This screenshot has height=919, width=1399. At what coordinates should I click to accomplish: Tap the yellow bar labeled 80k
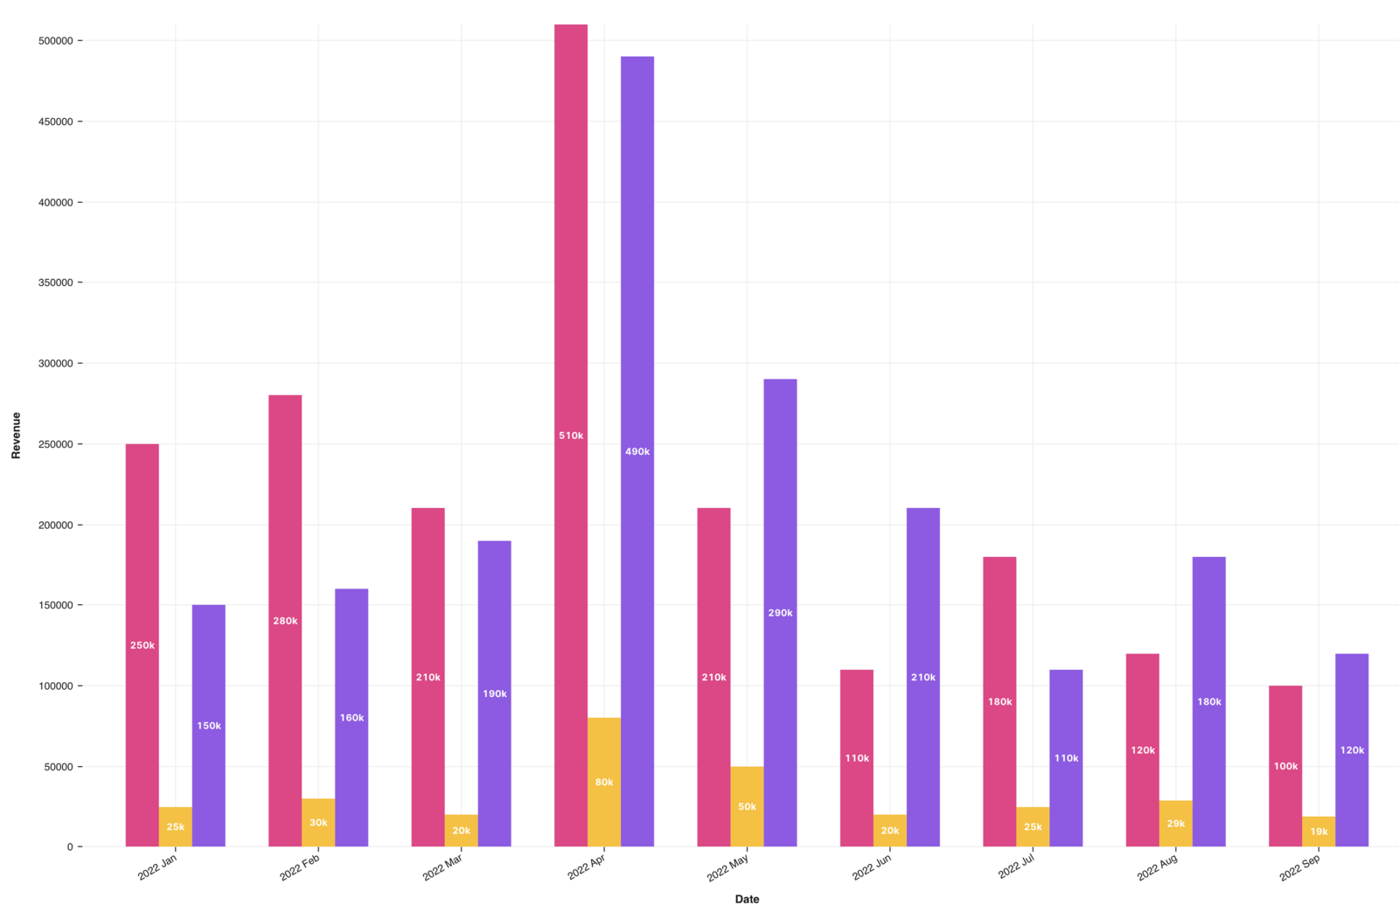(604, 782)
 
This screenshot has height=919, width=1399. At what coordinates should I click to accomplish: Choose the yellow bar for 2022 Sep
(1319, 832)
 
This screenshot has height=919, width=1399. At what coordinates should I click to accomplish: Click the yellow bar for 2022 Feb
(318, 823)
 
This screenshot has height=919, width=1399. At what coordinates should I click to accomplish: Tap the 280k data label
(285, 621)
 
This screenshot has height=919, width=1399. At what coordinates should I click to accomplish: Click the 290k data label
(780, 613)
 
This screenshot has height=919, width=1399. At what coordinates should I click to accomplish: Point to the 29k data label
(1176, 824)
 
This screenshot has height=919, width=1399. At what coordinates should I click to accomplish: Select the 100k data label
(1285, 766)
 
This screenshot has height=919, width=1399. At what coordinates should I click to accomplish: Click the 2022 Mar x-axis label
(442, 867)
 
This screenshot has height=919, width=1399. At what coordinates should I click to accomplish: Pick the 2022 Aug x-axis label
(1157, 867)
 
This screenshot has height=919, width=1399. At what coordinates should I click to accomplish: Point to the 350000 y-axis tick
(55, 282)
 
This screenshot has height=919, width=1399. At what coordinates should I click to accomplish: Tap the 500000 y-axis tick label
(55, 41)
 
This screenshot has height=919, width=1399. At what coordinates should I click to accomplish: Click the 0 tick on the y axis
(70, 846)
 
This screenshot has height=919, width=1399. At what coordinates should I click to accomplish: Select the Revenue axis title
(16, 435)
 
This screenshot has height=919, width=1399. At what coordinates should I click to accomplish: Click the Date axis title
(747, 899)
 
